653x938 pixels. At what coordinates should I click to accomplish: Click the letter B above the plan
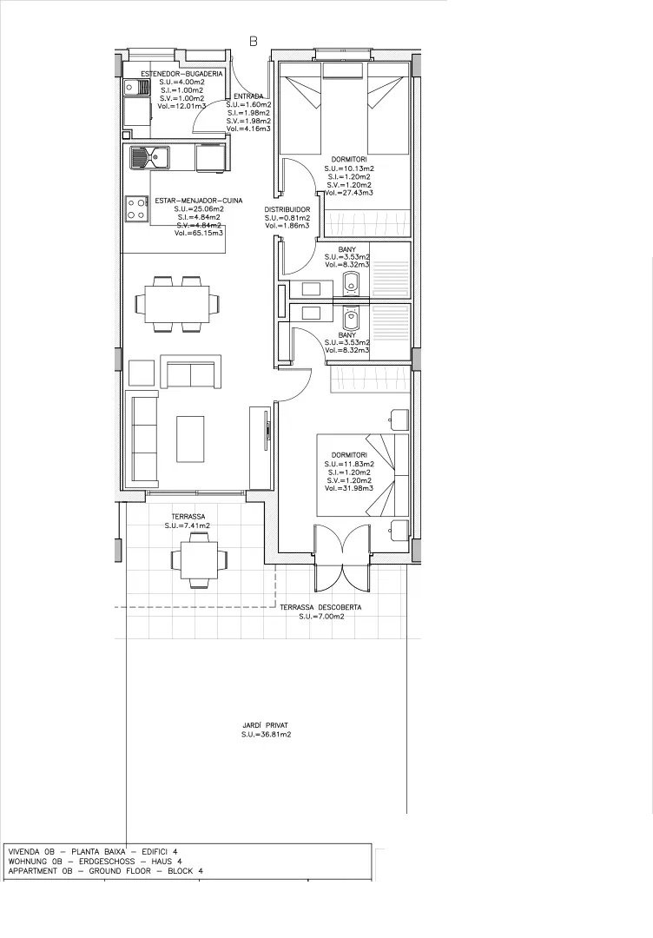click(x=254, y=41)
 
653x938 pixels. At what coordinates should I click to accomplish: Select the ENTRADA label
click(x=248, y=96)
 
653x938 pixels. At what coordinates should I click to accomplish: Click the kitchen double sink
click(x=149, y=157)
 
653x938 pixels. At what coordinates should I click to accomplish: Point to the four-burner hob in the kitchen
click(x=137, y=208)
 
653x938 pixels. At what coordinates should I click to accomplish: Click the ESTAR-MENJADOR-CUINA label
click(x=198, y=201)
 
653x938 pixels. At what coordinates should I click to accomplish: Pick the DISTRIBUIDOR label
click(x=287, y=209)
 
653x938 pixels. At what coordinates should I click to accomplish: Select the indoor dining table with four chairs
click(x=178, y=304)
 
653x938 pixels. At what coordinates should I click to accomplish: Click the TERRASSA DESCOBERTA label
click(x=321, y=607)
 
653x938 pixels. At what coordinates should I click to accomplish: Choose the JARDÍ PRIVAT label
click(x=266, y=724)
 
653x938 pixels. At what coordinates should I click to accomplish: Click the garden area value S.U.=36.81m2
click(x=266, y=735)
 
